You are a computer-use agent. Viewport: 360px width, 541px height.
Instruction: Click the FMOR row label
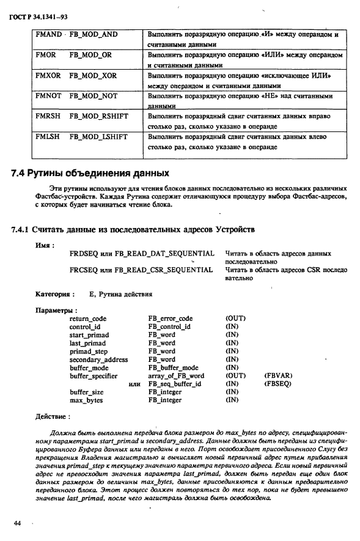pos(46,55)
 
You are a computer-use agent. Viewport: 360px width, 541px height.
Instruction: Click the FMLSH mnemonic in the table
pos(48,137)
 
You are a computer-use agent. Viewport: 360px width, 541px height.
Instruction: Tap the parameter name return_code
pos(88,318)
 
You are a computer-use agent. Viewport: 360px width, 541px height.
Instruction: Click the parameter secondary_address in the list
pos(98,359)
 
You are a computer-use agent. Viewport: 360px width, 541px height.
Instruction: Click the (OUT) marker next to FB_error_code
pos(235,318)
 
